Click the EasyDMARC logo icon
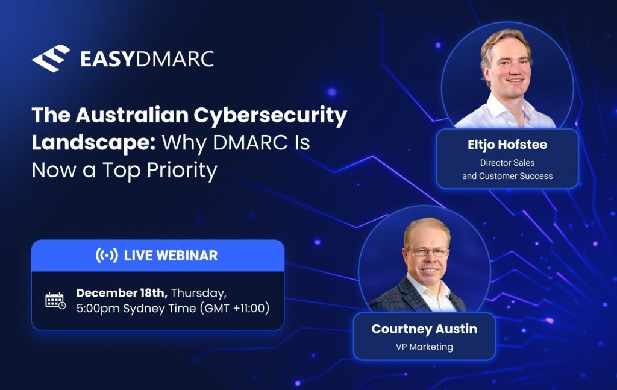click(x=51, y=58)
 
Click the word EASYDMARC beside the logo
click(x=147, y=59)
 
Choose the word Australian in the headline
click(x=132, y=115)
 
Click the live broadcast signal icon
click(x=107, y=256)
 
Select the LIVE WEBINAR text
click(x=171, y=256)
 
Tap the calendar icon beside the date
click(x=55, y=301)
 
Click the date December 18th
click(x=122, y=293)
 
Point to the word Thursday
click(x=199, y=294)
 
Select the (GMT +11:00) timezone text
click(x=234, y=308)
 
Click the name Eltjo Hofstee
click(x=507, y=145)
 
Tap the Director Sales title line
click(x=507, y=163)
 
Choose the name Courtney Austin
click(x=424, y=329)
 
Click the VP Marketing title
click(x=424, y=347)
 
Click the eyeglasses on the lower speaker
click(x=428, y=252)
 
